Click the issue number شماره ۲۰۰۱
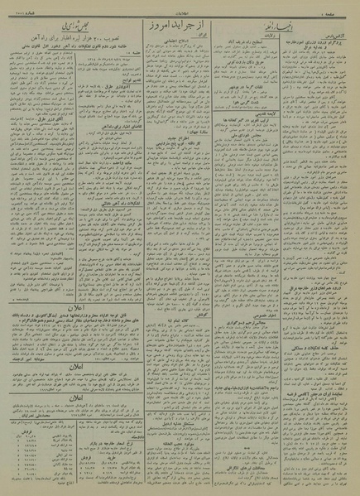tap(25, 5)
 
